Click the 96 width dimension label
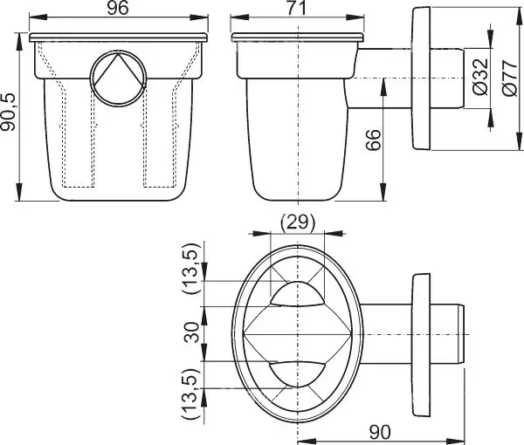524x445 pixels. (118, 8)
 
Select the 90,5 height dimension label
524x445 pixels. (8, 113)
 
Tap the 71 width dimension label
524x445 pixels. (297, 8)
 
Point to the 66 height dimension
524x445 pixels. (373, 140)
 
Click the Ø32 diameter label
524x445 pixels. (480, 77)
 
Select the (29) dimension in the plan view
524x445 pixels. (298, 222)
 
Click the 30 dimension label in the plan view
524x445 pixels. (192, 332)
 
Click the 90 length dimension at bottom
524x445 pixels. (380, 432)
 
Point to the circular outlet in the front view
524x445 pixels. (118, 79)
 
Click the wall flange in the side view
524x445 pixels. (421, 79)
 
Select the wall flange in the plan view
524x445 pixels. (421, 345)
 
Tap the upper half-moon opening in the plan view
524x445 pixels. (297, 294)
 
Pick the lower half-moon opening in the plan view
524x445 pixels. (297, 374)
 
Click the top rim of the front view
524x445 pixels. (118, 38)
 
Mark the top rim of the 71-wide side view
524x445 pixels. (297, 38)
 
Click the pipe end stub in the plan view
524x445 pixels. (447, 334)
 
